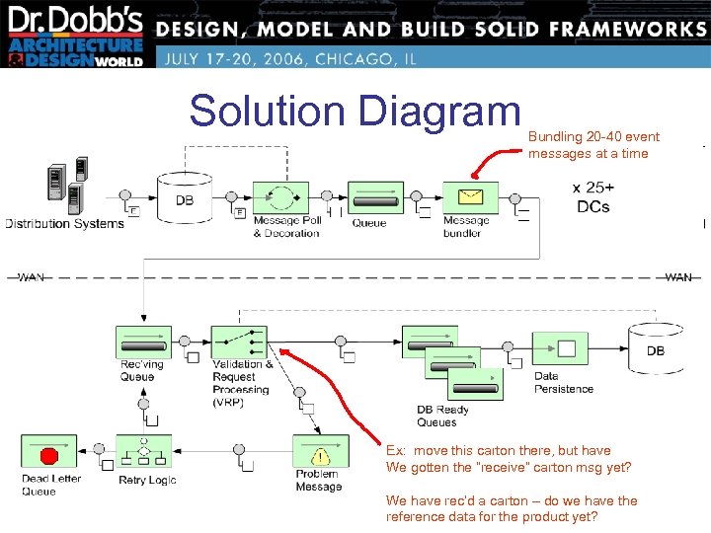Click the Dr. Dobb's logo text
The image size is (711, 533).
(74, 21)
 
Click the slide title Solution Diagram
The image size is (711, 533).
(355, 111)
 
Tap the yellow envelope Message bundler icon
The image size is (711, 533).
(463, 196)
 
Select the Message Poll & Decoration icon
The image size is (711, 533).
(280, 196)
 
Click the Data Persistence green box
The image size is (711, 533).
(560, 348)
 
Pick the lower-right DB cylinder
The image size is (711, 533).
(655, 347)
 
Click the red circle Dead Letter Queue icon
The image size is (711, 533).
(48, 455)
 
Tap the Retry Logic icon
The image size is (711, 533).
(144, 453)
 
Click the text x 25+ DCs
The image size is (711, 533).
(592, 196)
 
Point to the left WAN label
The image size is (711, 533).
(31, 277)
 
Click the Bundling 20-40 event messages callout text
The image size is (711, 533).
(593, 145)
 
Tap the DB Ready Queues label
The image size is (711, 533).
(443, 416)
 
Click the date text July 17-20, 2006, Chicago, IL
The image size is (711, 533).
(290, 58)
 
